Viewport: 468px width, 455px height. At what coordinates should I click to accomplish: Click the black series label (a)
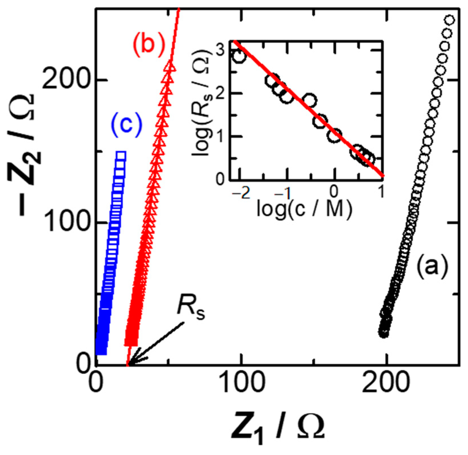tap(432, 266)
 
